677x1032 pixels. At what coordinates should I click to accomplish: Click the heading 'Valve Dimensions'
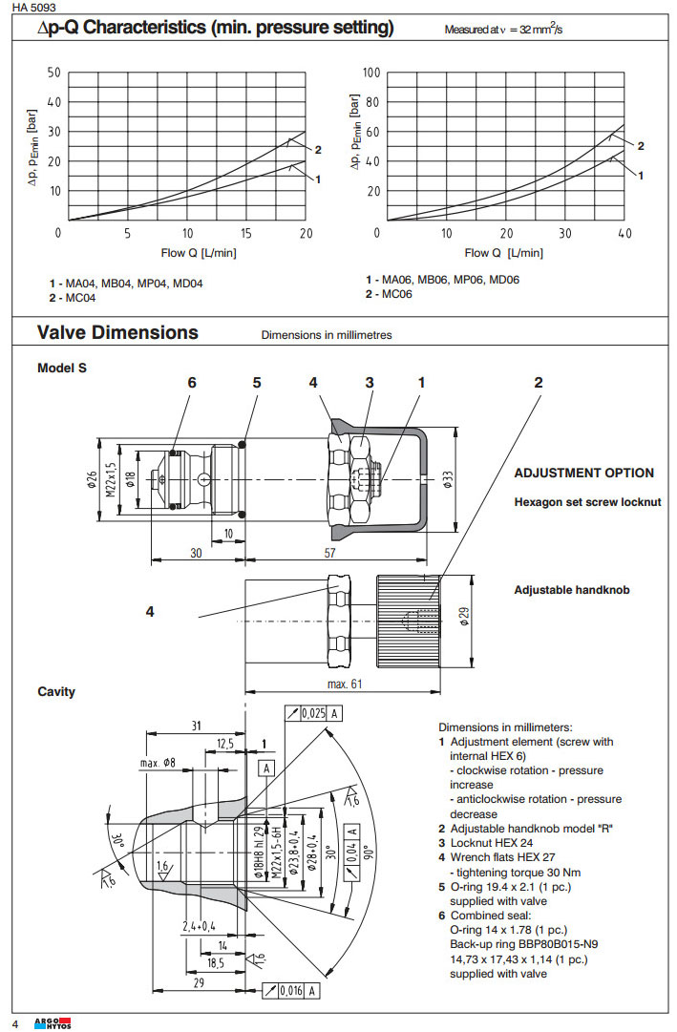click(117, 333)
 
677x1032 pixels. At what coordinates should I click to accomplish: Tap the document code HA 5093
click(34, 7)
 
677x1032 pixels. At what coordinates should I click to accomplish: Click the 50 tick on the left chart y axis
click(53, 73)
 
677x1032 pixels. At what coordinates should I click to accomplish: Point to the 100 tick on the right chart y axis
click(371, 73)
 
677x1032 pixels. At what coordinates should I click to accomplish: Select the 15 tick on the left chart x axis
click(246, 234)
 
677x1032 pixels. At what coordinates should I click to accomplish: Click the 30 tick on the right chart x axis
click(564, 234)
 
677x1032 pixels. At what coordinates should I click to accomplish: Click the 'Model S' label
click(62, 368)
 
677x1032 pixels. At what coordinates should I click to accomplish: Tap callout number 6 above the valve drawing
click(191, 382)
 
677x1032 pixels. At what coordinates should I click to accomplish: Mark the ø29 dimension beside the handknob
click(465, 616)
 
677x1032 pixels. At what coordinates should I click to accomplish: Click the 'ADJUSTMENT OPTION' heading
click(584, 473)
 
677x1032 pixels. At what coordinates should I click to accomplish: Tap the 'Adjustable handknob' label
click(572, 590)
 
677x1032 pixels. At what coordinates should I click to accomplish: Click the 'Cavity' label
click(56, 691)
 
